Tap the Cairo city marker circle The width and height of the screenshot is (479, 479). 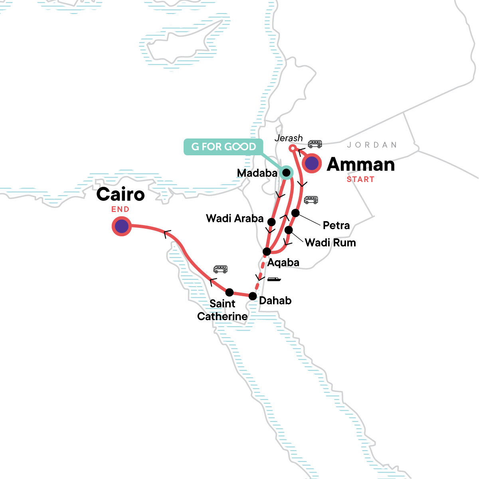point(122,227)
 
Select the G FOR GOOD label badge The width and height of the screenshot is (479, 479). point(224,147)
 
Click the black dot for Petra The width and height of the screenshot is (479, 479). point(295,213)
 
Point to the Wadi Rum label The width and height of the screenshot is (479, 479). point(330,243)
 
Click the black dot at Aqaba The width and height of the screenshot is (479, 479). point(267,251)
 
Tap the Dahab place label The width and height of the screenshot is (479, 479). point(275,301)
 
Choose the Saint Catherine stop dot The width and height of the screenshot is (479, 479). point(230,292)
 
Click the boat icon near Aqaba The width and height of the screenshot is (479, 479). point(274,279)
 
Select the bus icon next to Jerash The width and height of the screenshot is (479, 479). point(315,144)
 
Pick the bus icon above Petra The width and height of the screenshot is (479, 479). point(311,200)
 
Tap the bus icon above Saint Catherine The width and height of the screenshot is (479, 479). point(220,269)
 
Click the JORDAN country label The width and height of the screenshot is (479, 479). point(372,145)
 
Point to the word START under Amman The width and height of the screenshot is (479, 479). point(360,180)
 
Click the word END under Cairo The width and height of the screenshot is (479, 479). point(120,209)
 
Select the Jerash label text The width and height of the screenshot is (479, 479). point(289,138)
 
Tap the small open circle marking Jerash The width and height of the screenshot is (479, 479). point(292,148)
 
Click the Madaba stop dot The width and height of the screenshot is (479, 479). point(286,172)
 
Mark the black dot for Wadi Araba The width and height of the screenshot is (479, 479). point(271,222)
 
